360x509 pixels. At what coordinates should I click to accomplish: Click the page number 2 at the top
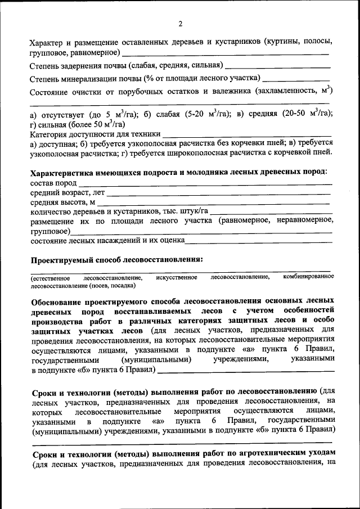[181, 24]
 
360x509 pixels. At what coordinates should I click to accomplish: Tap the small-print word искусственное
[177, 277]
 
